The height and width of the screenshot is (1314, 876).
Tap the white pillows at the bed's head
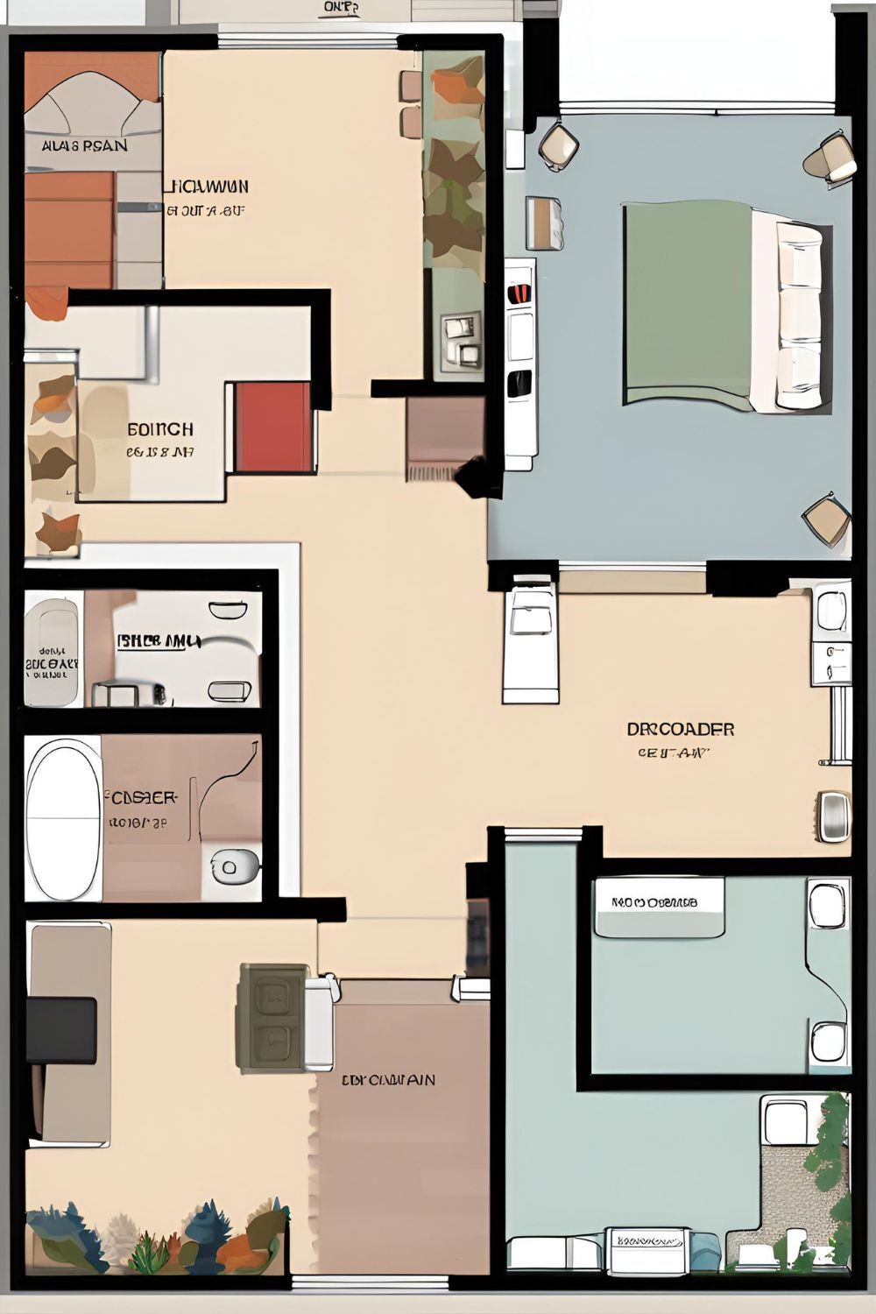click(799, 315)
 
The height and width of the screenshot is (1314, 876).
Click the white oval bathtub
click(63, 817)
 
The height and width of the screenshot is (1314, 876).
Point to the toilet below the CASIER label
click(230, 867)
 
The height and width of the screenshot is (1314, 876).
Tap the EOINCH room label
click(160, 430)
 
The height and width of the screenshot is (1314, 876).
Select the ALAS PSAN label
click(84, 145)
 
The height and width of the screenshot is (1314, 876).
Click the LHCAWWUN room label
click(208, 187)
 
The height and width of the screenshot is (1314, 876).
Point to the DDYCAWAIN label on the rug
click(388, 1080)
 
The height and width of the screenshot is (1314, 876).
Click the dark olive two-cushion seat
click(272, 1018)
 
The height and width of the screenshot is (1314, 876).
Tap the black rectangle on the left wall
click(61, 1030)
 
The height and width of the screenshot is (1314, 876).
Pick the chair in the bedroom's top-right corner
click(829, 158)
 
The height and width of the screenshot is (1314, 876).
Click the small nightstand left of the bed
click(544, 223)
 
